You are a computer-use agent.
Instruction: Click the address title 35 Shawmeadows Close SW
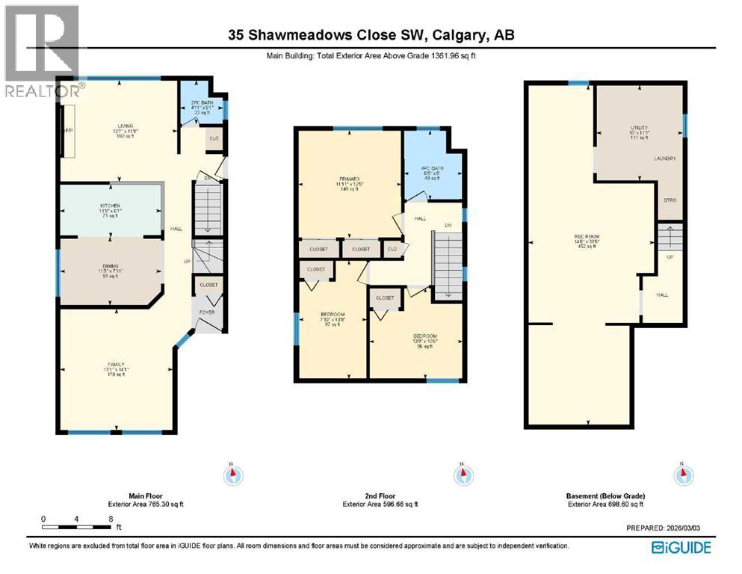pyautogui.click(x=371, y=35)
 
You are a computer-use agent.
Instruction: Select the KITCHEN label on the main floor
pyautogui.click(x=111, y=206)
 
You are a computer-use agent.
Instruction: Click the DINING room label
pyautogui.click(x=111, y=266)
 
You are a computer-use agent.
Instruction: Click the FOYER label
pyautogui.click(x=207, y=312)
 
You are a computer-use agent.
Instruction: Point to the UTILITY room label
pyautogui.click(x=639, y=129)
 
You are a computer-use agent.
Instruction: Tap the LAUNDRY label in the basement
pyautogui.click(x=664, y=158)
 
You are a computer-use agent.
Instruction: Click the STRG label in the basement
pyautogui.click(x=670, y=200)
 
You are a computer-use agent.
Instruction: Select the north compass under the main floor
pyautogui.click(x=233, y=474)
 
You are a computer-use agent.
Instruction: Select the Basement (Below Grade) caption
pyautogui.click(x=606, y=496)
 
